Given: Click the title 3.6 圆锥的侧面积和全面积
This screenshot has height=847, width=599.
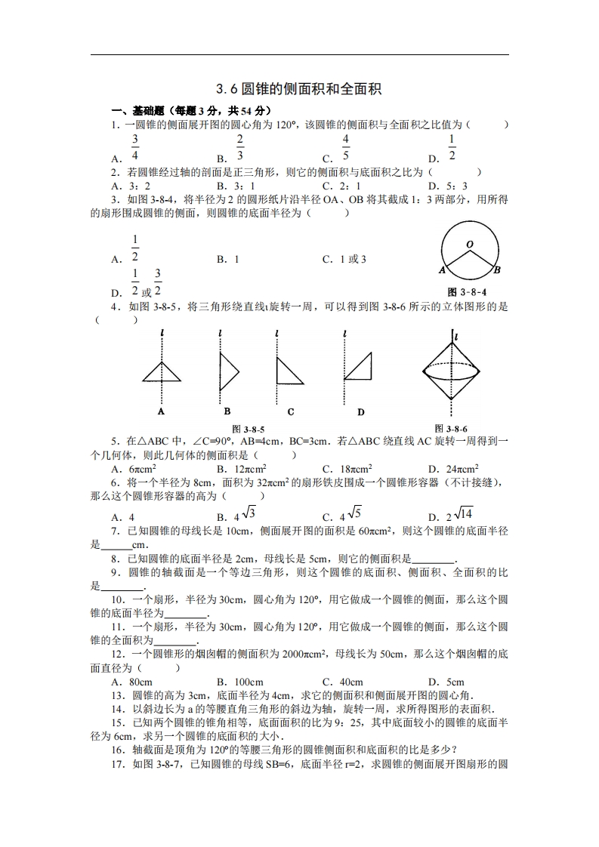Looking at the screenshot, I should (299, 89).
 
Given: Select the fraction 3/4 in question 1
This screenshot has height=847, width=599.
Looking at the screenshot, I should (135, 147).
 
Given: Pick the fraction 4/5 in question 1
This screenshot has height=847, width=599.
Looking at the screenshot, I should (345, 147).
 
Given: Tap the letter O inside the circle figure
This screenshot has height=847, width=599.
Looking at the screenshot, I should (469, 245).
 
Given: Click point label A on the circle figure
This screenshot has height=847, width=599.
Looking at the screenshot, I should (442, 269).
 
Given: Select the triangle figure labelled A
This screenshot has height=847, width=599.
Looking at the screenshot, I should (162, 371).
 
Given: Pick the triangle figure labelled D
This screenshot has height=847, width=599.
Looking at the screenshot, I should (359, 366).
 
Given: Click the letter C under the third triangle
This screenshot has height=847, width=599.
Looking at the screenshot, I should (291, 412).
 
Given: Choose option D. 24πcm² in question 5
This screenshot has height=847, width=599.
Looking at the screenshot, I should (453, 469).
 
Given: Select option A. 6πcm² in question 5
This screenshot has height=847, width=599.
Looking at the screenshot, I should (134, 469).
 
